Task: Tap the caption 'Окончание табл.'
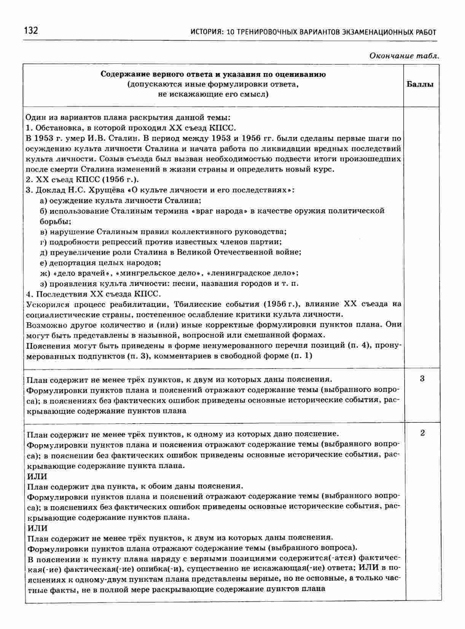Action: [x=404, y=56]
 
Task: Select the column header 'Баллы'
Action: [x=420, y=84]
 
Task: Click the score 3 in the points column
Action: [x=422, y=378]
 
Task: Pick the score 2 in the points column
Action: [x=422, y=433]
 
